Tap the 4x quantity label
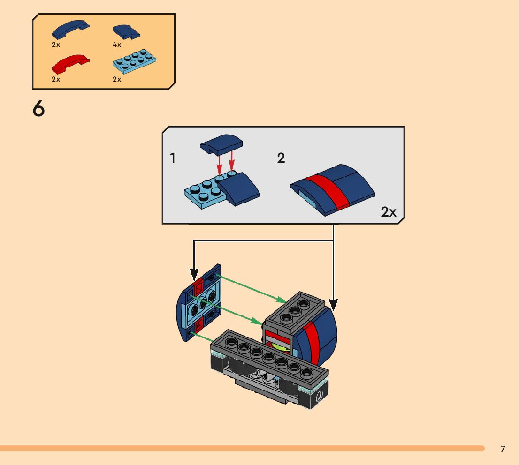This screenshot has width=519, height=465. coord(117,45)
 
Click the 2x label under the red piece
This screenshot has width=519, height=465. coord(56,79)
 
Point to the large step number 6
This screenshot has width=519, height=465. coord(39,109)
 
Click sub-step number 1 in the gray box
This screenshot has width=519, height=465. coord(173,158)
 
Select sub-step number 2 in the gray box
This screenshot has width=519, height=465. coord(281,158)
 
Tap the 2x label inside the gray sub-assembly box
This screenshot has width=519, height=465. coord(389,212)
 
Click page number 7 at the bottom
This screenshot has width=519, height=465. coord(503,449)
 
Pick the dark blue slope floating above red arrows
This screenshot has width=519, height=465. coord(221,143)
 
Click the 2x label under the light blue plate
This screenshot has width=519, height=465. coord(117,79)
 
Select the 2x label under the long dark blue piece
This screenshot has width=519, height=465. coord(56,45)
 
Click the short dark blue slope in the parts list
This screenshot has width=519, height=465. coord(126,31)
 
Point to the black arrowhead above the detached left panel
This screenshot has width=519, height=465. coord(194,274)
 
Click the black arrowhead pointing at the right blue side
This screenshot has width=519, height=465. coord(333,305)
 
